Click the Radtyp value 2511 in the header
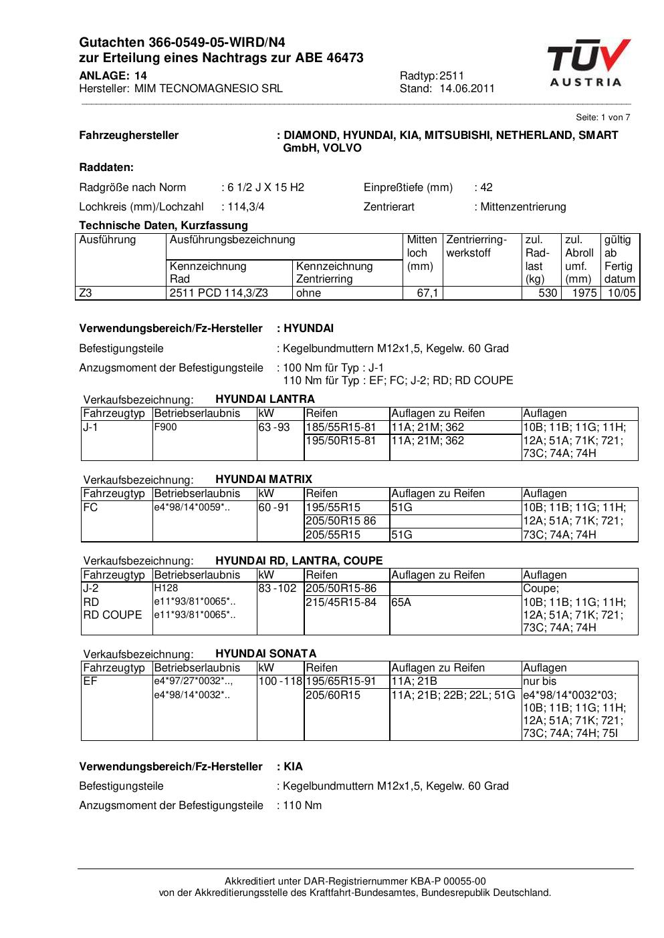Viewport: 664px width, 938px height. [451, 75]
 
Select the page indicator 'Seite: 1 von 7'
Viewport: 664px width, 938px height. [602, 118]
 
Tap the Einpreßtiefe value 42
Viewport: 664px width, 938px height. [486, 187]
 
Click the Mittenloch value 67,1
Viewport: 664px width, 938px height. [428, 293]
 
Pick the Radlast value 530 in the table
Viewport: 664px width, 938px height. [548, 293]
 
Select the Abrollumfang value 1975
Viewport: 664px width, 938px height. [584, 293]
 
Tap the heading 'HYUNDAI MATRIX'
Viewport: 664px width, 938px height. [263, 479]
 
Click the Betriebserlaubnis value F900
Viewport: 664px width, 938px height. [165, 427]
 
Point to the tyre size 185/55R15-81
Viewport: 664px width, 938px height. [341, 427]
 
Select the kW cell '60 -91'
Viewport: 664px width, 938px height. [273, 507]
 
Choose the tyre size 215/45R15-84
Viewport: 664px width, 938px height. [341, 602]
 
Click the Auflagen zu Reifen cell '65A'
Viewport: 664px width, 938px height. [401, 602]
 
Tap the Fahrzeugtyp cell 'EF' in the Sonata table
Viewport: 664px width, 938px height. [90, 681]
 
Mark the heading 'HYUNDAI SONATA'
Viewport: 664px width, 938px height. [265, 653]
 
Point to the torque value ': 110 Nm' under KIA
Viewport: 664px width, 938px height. [300, 805]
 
